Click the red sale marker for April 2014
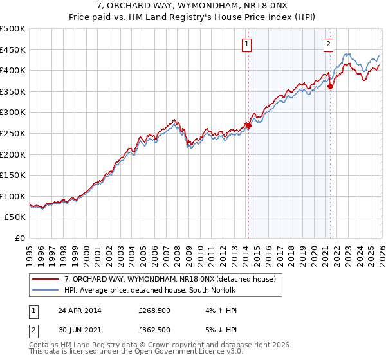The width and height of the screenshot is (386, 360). pyautogui.click(x=248, y=126)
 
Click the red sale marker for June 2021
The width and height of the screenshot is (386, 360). pyautogui.click(x=330, y=86)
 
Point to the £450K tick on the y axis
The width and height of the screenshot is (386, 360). pyautogui.click(x=13, y=50)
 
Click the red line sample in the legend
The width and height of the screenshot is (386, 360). pyautogui.click(x=46, y=279)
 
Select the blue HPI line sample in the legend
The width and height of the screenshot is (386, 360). pyautogui.click(x=46, y=290)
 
